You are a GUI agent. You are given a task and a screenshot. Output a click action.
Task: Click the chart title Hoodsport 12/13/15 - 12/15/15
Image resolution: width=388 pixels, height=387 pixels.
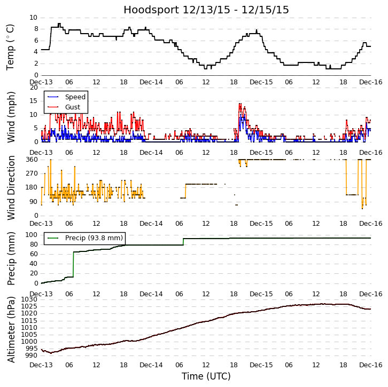coord(206,10)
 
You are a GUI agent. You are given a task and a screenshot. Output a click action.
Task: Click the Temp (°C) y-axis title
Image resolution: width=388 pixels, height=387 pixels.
coord(11,46)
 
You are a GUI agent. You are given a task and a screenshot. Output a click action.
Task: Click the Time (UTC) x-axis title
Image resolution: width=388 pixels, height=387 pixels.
coord(206,376)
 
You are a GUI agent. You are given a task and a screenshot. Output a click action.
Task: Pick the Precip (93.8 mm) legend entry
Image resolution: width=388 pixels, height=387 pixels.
coord(94,238)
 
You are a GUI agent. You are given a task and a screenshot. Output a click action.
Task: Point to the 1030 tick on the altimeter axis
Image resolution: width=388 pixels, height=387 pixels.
coord(29,299)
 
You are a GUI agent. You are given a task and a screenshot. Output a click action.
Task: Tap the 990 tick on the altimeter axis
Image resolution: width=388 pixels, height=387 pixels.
coord(31,356)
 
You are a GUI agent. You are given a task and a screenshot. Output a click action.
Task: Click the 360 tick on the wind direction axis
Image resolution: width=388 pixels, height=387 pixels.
coord(31,160)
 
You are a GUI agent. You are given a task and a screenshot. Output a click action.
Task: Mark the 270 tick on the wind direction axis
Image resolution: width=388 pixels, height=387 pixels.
coord(31,173)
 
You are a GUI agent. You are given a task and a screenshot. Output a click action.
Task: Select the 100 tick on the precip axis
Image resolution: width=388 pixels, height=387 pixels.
coord(31,235)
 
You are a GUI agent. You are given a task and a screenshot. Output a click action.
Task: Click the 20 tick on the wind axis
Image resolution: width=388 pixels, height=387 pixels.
coord(33,88)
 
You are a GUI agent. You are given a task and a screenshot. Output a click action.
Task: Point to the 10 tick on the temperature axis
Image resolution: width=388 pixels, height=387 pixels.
coord(33,18)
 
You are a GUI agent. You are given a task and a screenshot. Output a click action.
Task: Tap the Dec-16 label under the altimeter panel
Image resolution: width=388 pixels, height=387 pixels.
coord(371,365)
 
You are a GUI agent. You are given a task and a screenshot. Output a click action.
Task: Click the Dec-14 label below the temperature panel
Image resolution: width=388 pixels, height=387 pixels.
coord(151,82)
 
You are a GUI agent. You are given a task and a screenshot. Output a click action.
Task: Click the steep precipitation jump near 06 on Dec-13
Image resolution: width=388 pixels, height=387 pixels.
coord(73,264)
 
